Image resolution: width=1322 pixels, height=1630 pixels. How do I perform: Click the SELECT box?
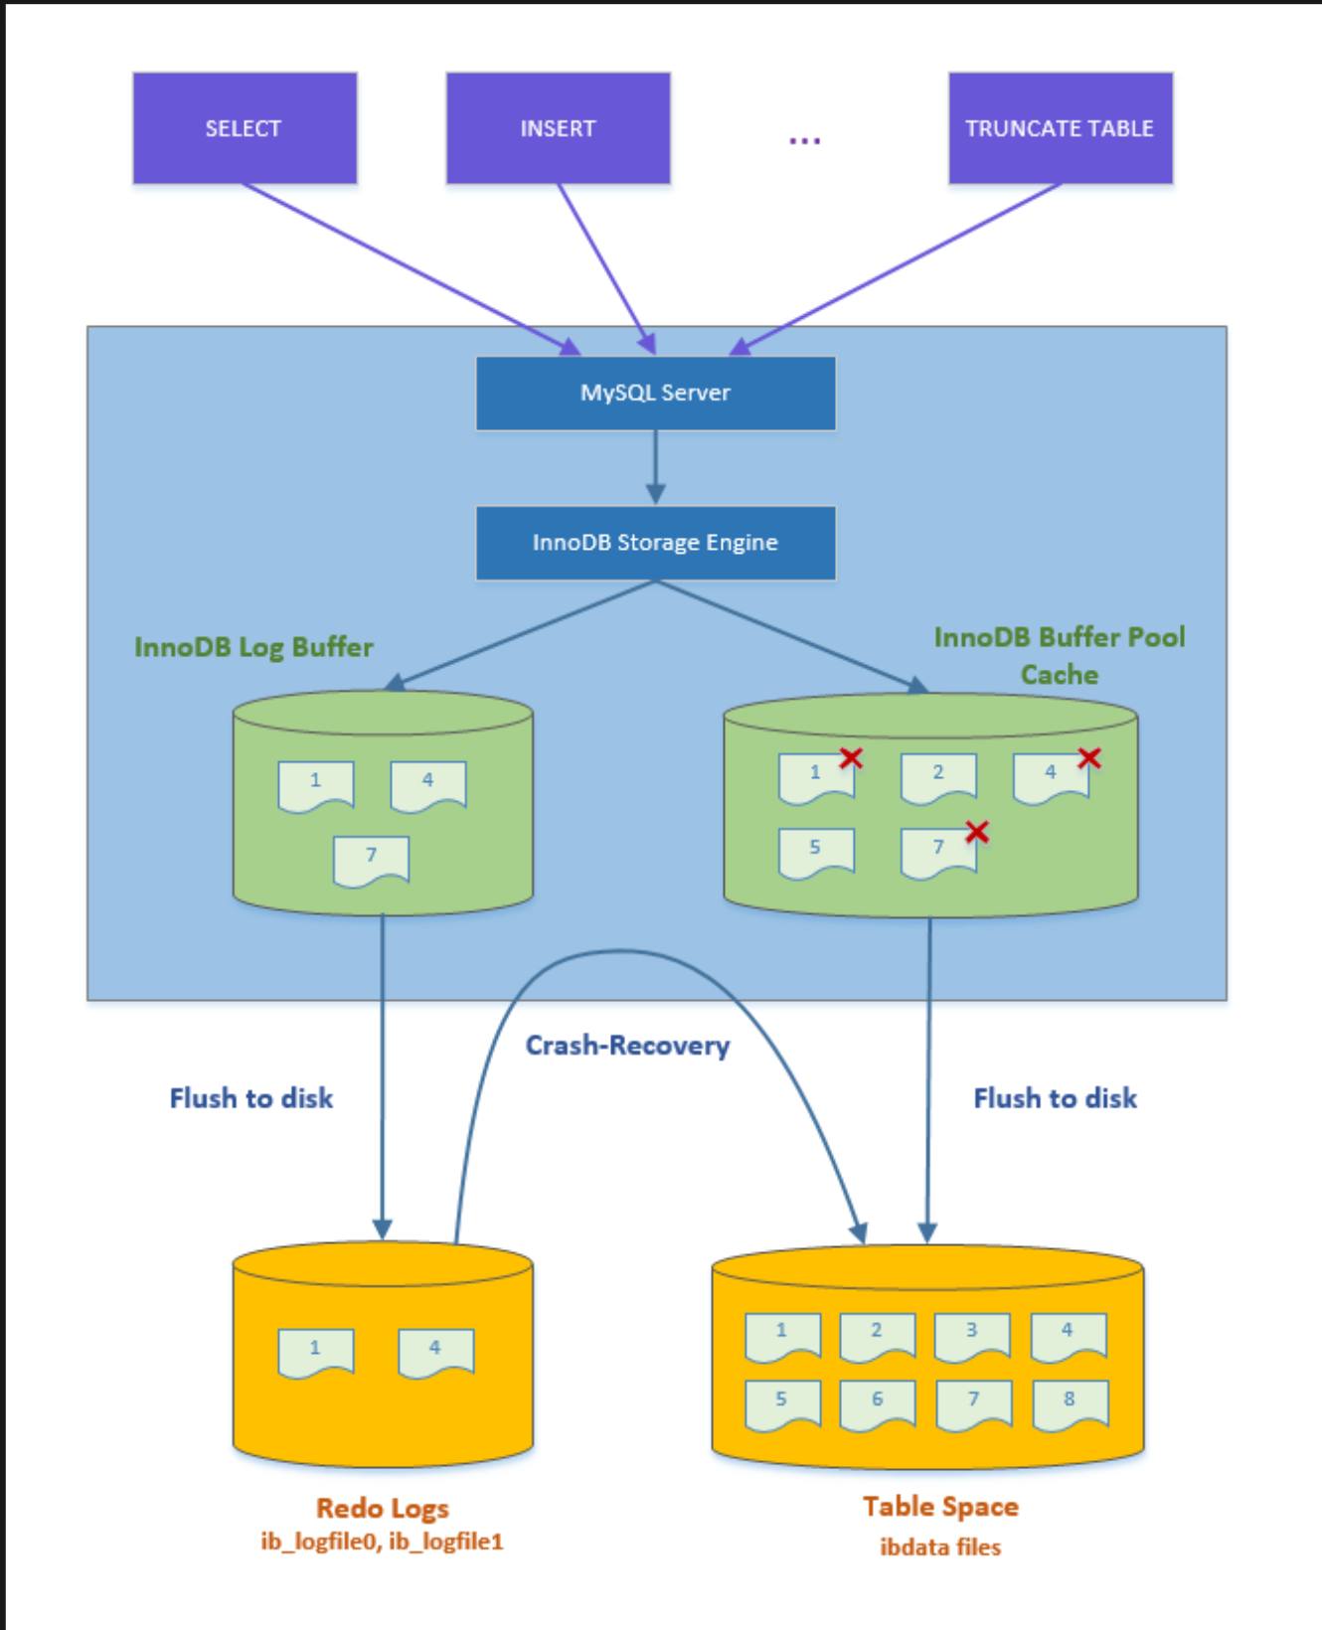click(x=245, y=128)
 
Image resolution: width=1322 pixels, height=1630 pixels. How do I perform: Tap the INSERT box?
click(x=558, y=128)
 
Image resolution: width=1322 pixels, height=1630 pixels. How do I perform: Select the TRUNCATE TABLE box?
click(x=1060, y=128)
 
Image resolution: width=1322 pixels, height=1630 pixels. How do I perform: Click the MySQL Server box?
click(x=655, y=393)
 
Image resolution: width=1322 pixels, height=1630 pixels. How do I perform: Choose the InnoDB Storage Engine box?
click(x=655, y=543)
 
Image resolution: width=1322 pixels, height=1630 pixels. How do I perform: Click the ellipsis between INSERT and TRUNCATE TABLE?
click(x=804, y=141)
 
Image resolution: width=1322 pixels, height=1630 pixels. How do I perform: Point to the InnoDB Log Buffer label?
click(x=253, y=647)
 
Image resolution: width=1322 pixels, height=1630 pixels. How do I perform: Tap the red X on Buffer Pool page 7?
click(x=977, y=832)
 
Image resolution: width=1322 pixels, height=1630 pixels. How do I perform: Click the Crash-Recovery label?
click(x=627, y=1046)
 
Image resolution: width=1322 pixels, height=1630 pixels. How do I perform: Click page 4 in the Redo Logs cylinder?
click(x=435, y=1352)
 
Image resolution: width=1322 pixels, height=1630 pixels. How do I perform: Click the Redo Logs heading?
click(x=383, y=1508)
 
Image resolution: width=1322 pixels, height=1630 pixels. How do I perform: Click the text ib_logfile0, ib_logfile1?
click(x=383, y=1542)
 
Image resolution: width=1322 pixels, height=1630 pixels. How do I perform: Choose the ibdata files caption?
click(x=940, y=1548)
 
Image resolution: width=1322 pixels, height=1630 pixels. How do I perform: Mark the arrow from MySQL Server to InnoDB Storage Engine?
click(x=655, y=467)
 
